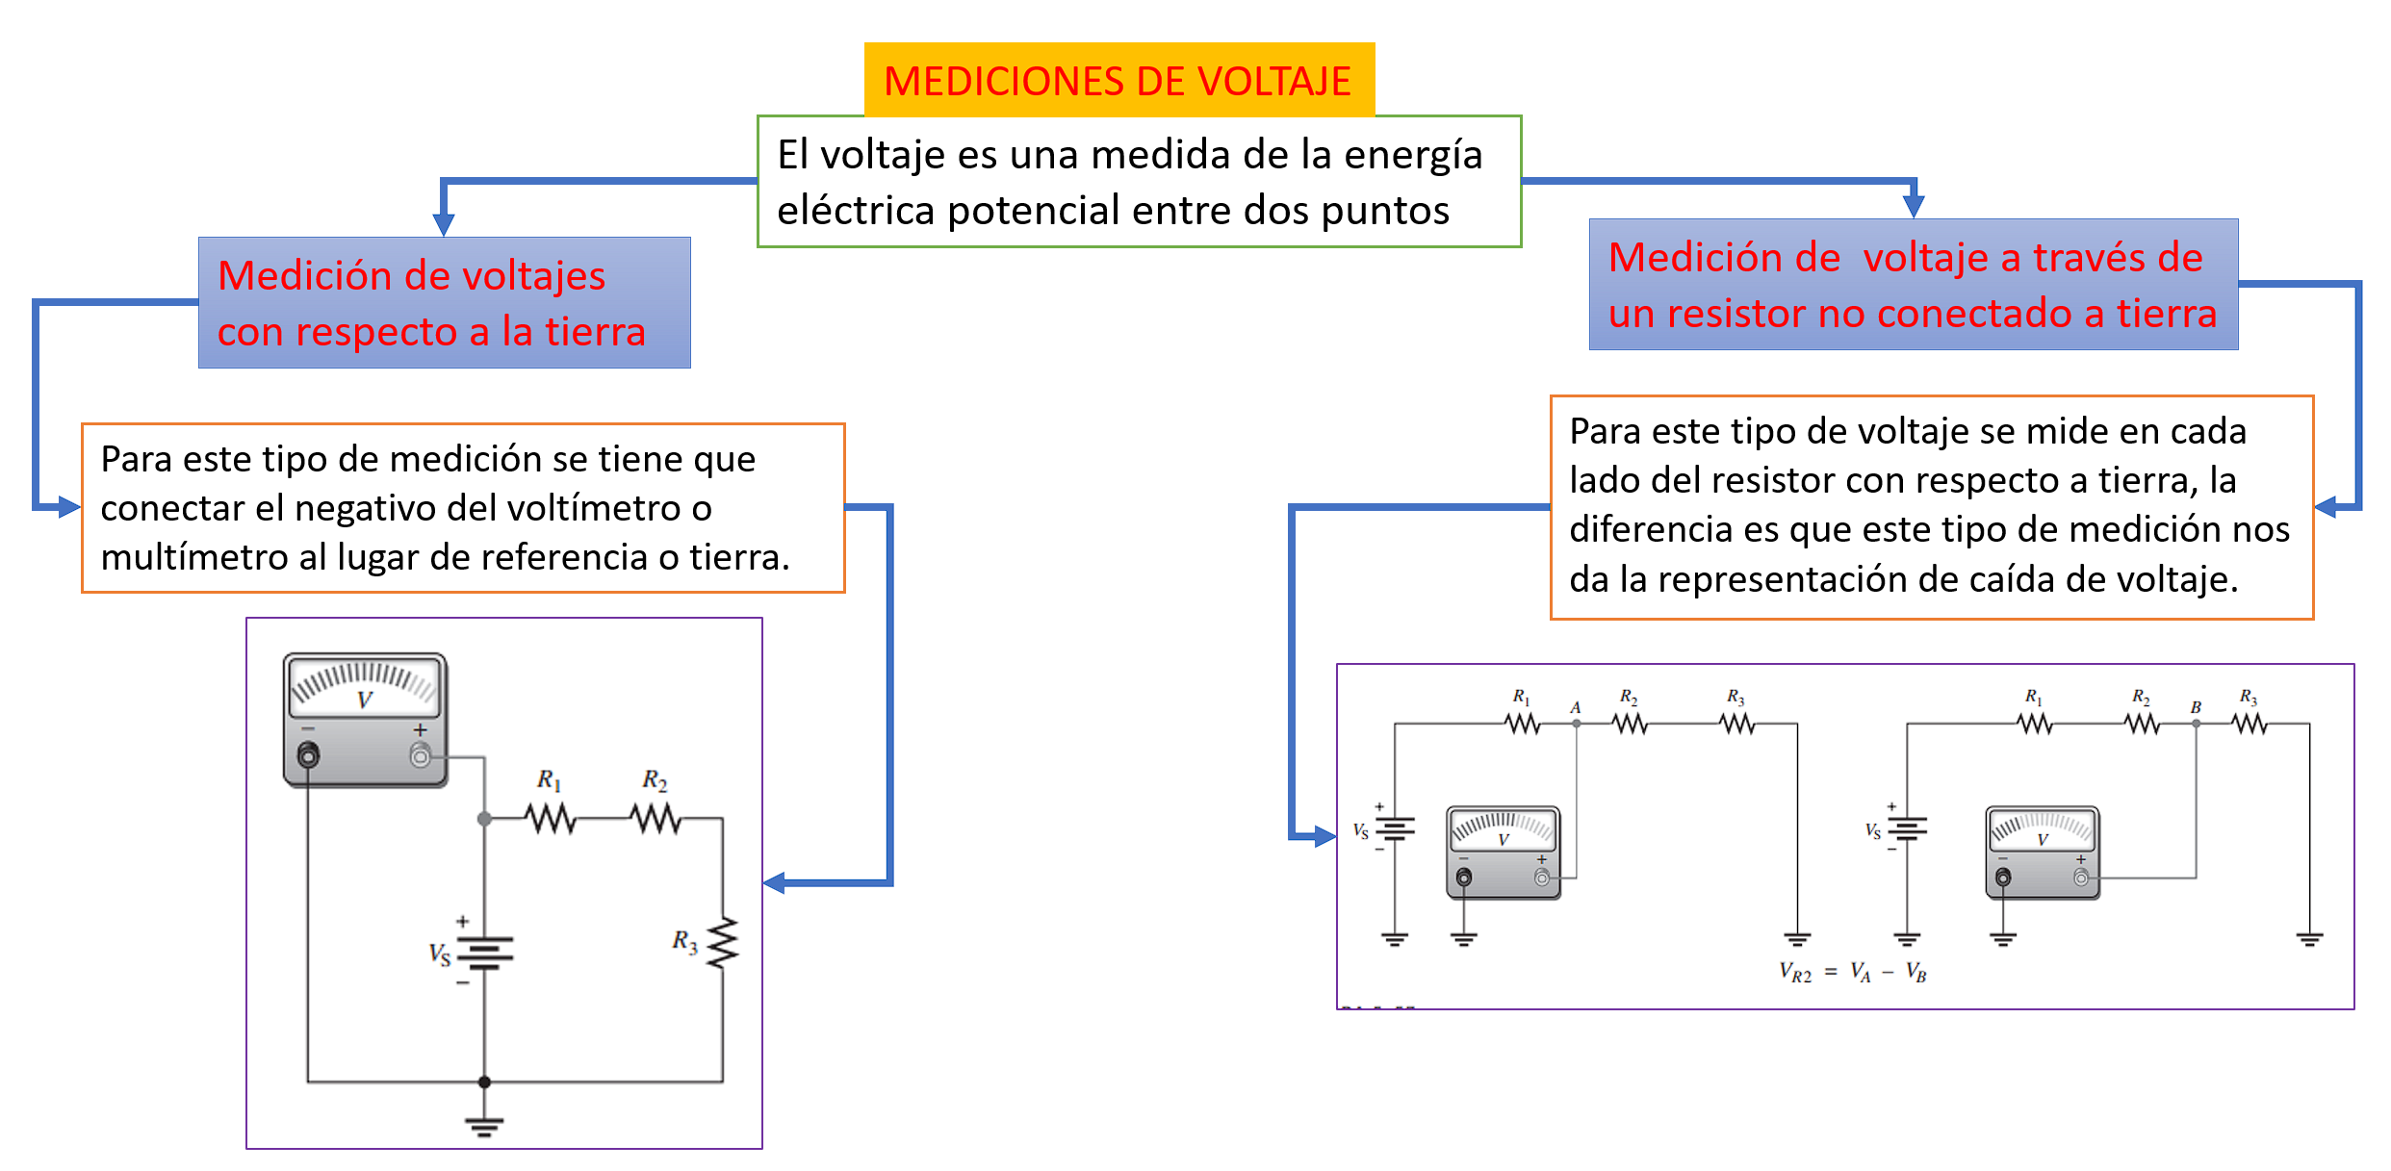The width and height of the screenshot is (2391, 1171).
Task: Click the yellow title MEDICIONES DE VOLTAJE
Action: (1118, 81)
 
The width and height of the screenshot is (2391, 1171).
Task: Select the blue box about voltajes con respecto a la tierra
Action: (444, 302)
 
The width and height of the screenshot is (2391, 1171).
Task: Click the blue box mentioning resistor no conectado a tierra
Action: (1912, 285)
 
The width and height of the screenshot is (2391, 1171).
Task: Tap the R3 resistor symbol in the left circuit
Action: (722, 942)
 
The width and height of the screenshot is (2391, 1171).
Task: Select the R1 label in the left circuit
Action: (549, 779)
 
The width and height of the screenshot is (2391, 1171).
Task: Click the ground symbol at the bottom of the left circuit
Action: (484, 1123)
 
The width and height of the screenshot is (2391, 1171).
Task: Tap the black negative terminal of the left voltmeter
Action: (308, 756)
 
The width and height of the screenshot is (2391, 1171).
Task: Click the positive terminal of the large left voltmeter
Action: (421, 756)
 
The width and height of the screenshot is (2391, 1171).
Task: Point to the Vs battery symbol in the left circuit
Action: (484, 953)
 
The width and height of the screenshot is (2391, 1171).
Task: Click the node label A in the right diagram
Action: (1576, 707)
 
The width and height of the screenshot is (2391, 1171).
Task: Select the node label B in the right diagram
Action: (2196, 707)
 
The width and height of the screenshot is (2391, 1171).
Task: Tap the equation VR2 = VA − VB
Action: (1853, 973)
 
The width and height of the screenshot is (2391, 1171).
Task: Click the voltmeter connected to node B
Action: (2042, 852)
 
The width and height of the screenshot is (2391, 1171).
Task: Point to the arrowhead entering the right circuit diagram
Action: (1324, 836)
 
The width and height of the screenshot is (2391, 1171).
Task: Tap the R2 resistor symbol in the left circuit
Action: (656, 819)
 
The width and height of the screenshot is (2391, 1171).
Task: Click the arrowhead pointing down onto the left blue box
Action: (444, 224)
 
